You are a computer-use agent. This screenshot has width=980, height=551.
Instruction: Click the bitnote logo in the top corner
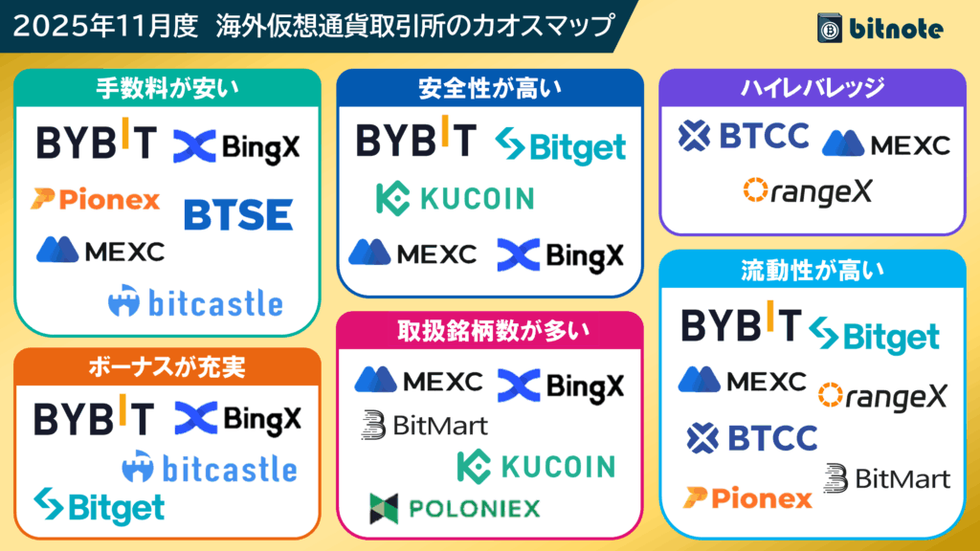click(x=880, y=28)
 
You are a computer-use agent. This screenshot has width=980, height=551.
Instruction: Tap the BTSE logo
click(x=237, y=214)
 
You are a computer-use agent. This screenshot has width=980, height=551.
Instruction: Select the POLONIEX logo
click(x=455, y=508)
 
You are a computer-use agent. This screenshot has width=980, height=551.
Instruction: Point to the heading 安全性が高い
click(x=489, y=89)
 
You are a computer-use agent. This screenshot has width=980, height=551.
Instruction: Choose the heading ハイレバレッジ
click(x=813, y=89)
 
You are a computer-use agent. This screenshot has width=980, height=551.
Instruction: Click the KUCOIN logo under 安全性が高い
click(x=455, y=198)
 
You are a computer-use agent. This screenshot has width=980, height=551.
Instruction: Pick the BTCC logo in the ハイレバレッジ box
click(x=744, y=137)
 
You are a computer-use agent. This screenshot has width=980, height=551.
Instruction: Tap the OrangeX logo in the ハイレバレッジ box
click(x=808, y=191)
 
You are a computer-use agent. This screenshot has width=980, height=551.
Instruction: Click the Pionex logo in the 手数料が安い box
click(x=95, y=199)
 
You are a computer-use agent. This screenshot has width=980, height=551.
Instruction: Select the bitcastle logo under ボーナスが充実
click(x=209, y=468)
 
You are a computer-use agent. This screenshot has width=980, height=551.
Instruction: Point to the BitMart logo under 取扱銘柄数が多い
click(x=424, y=425)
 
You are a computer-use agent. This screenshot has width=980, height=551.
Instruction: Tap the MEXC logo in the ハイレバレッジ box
click(x=885, y=143)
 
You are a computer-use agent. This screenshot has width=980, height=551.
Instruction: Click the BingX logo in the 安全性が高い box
click(x=560, y=254)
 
